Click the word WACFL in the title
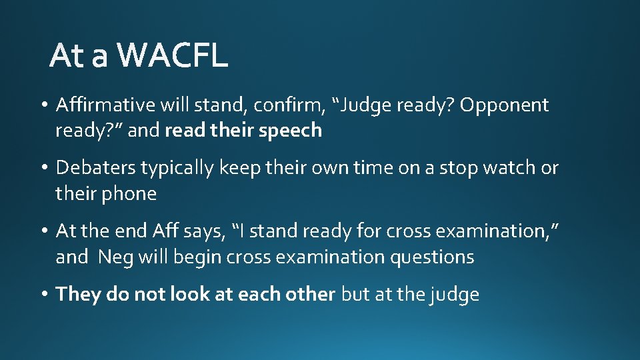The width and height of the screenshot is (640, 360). [175, 56]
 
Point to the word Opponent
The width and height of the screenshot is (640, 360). [505, 105]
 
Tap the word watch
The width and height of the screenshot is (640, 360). [507, 169]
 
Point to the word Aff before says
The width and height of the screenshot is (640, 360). [164, 231]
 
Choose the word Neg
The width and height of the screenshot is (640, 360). [116, 257]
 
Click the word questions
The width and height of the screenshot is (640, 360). [433, 257]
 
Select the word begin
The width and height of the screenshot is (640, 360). [192, 257]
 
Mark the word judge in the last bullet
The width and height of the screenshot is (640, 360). [455, 294]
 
